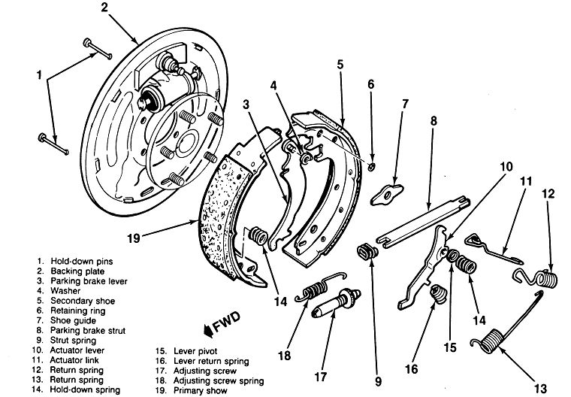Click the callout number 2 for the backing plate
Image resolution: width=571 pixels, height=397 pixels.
(105, 9)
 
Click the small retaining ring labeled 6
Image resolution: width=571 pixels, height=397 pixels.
(373, 165)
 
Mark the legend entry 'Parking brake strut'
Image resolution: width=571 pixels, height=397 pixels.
(86, 329)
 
